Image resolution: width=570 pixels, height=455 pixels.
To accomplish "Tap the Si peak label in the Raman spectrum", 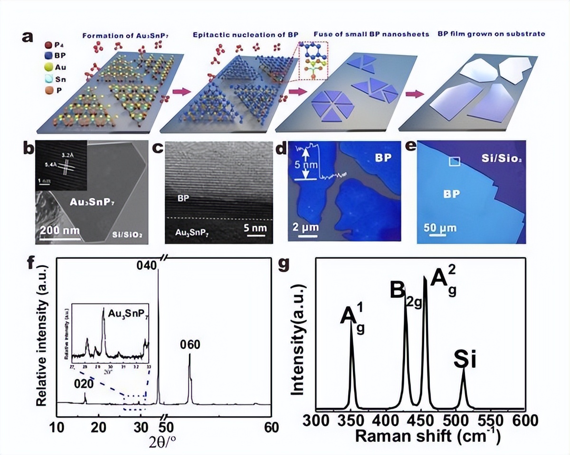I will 465,360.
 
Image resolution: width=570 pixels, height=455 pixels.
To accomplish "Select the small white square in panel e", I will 455,162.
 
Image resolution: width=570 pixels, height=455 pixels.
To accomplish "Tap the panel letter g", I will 284,263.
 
